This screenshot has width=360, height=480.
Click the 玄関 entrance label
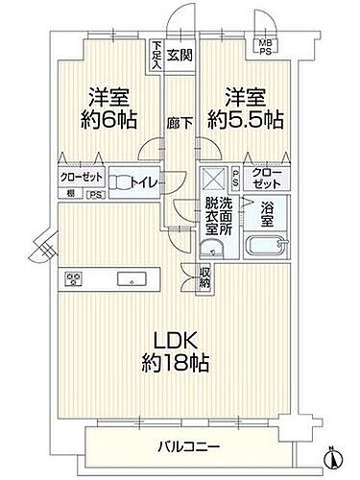tap(180, 55)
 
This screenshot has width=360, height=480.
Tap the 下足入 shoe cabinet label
tap(156, 51)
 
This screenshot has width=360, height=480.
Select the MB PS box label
tap(261, 45)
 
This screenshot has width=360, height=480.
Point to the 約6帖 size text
tap(109, 122)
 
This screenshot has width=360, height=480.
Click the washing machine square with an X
tap(212, 178)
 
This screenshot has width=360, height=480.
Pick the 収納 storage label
tap(206, 276)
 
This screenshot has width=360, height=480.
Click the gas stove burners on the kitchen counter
tap(74, 279)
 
